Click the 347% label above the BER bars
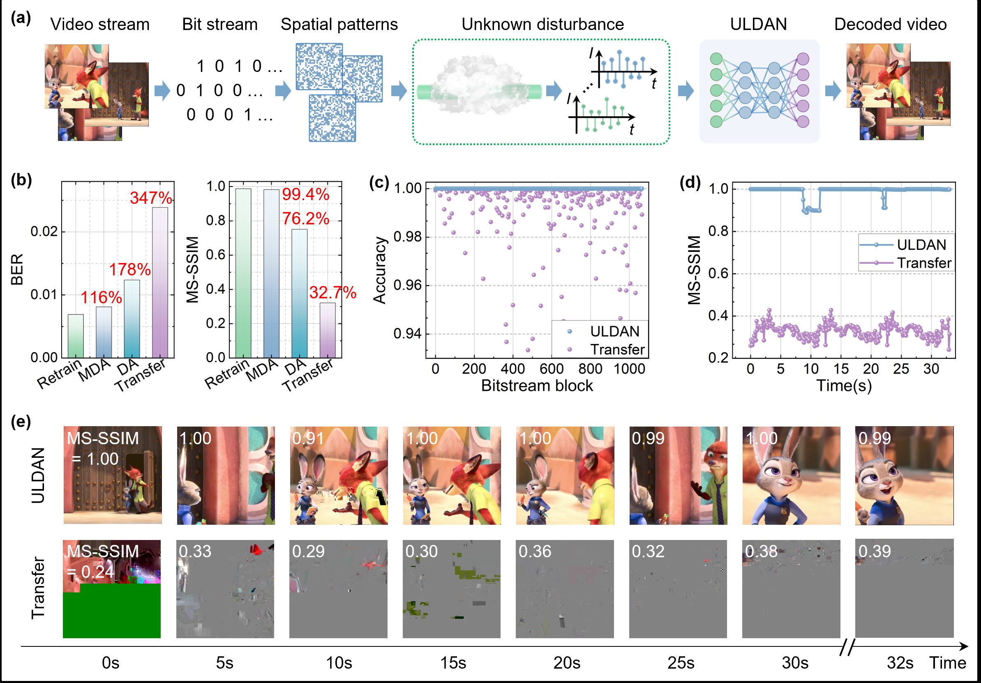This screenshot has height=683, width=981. point(151,198)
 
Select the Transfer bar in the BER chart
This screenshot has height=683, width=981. point(160,282)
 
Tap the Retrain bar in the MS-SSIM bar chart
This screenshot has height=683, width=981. point(243,273)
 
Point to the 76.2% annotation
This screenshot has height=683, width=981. point(305,219)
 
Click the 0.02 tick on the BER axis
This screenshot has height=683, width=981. point(44,231)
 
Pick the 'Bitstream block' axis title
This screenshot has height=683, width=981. point(537,386)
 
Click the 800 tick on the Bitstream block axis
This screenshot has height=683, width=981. point(590,369)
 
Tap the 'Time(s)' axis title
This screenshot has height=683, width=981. point(844,386)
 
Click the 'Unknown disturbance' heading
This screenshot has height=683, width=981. point(542,24)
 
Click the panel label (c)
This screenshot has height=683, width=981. point(379,182)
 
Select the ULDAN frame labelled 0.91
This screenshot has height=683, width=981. point(339,475)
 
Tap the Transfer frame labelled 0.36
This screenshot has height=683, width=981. point(564,588)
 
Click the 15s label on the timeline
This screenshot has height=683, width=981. point(453,663)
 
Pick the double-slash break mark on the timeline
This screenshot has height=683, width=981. point(847,647)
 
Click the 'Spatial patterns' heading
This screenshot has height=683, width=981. point(339,24)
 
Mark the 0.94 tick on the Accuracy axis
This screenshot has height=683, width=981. point(407,334)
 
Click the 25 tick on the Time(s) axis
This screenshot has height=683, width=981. point(901,369)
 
